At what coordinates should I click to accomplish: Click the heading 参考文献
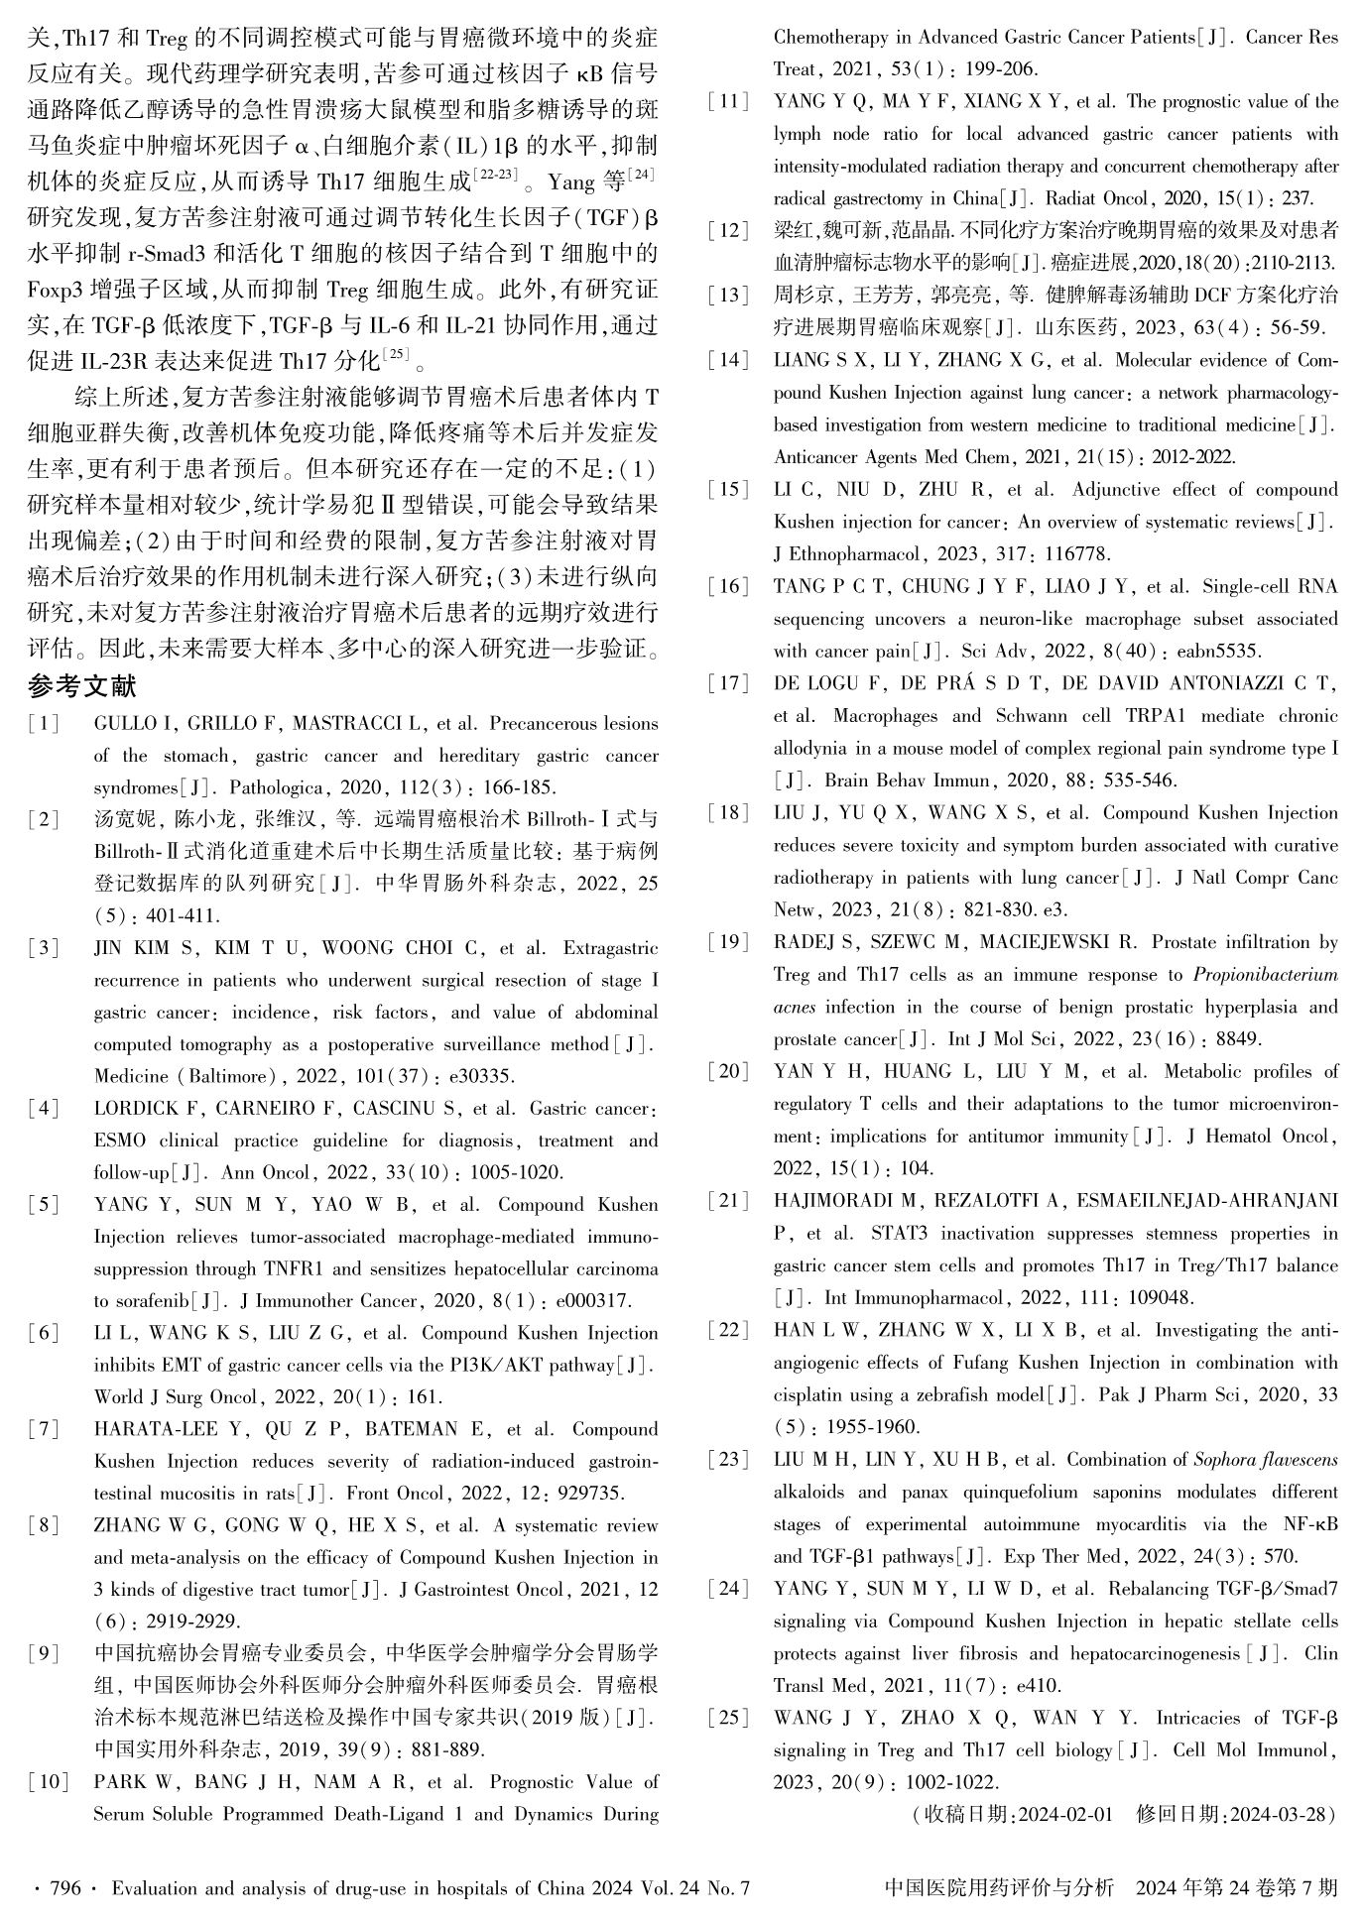[81, 686]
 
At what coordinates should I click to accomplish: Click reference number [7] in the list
[44, 1429]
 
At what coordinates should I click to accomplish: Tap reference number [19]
[728, 942]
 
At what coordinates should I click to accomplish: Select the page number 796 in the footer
[64, 1888]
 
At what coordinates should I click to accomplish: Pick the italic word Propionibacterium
[1265, 975]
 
